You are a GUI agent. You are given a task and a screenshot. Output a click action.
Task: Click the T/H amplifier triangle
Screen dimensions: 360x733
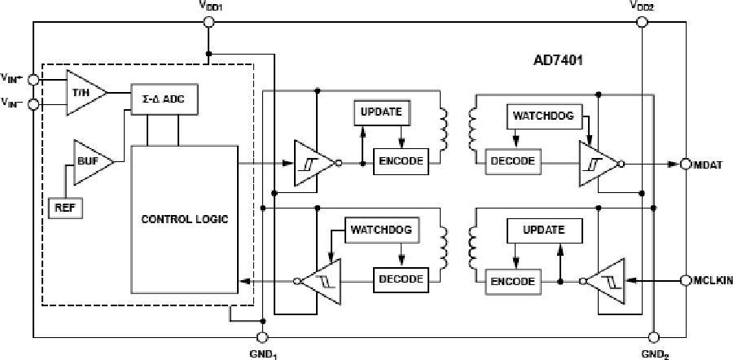click(84, 92)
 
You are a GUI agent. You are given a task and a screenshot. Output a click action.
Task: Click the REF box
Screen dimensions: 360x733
click(64, 207)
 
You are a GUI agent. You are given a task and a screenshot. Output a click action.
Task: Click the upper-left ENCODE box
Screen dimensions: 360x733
click(400, 160)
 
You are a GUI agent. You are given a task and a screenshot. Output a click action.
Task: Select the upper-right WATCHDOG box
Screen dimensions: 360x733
click(542, 116)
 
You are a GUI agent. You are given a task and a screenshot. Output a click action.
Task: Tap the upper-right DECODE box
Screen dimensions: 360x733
click(512, 160)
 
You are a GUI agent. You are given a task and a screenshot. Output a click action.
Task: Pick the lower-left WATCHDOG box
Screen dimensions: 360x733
click(381, 230)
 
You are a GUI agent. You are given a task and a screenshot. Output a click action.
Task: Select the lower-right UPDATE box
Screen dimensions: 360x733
click(544, 230)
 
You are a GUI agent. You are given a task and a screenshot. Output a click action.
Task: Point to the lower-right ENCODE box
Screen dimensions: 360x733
click(513, 281)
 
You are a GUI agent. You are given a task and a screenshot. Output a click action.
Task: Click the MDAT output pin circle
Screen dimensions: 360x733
click(686, 164)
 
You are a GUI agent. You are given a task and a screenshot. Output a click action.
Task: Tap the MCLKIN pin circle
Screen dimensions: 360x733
click(686, 281)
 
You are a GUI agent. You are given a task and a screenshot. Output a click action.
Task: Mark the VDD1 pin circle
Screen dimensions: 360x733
click(208, 22)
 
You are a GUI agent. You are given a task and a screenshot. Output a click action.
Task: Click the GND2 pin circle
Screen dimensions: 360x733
click(652, 337)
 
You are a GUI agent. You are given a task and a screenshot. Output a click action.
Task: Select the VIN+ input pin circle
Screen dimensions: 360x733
click(33, 79)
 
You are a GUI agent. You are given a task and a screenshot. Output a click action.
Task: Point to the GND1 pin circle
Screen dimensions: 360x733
click(262, 337)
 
